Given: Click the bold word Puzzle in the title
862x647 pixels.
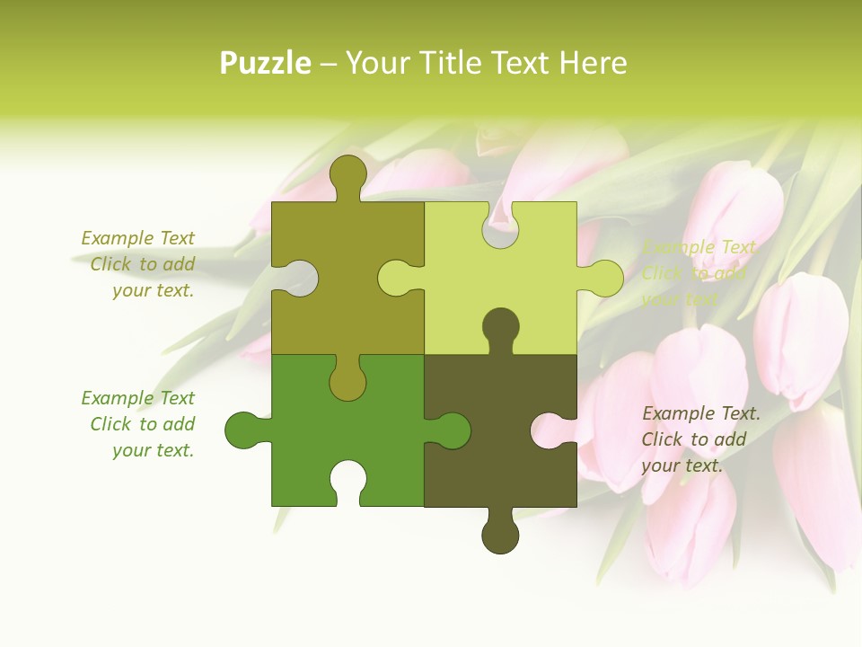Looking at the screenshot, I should (266, 63).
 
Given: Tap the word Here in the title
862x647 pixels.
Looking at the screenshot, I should (592, 63).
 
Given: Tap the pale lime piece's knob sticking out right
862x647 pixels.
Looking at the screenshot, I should (604, 278).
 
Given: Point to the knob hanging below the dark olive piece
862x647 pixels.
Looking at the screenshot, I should (500, 535).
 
